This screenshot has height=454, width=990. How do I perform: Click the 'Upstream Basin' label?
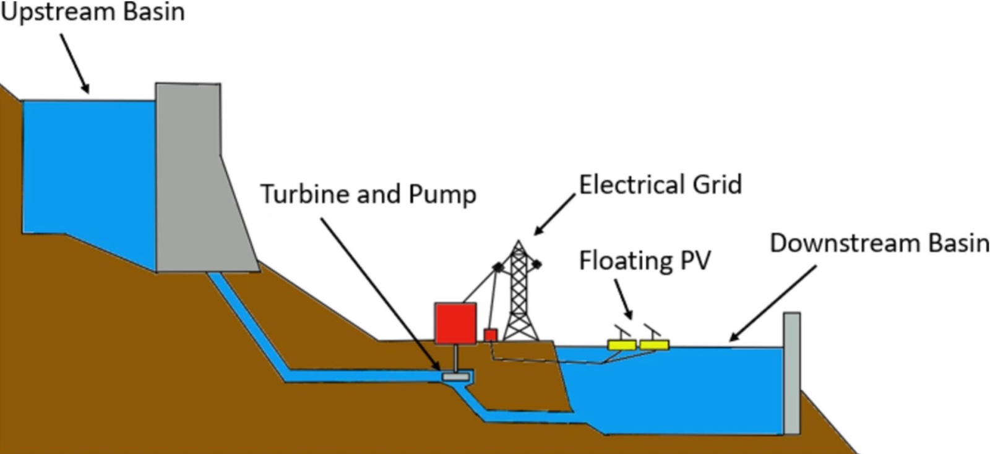click(x=93, y=12)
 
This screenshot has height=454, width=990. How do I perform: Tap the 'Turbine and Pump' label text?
click(x=369, y=194)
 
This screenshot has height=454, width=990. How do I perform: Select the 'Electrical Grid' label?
click(x=660, y=184)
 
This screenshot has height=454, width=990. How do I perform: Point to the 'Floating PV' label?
click(x=645, y=260)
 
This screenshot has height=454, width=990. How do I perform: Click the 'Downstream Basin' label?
click(x=879, y=243)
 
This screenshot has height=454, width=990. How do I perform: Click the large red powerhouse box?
click(x=455, y=323)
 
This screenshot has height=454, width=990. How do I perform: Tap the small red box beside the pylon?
click(x=491, y=335)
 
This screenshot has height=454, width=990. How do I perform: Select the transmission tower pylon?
click(x=519, y=291)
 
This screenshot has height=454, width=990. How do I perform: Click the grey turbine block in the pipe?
click(x=455, y=377)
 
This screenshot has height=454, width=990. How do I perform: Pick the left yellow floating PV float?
click(x=622, y=345)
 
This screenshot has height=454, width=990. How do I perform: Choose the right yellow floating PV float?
click(x=655, y=345)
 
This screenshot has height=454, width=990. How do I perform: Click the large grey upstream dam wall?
click(x=199, y=178)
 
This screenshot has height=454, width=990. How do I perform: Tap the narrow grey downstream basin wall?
click(x=792, y=373)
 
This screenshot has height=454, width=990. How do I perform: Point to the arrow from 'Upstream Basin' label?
click(x=75, y=64)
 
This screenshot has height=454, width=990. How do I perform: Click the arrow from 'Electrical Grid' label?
click(x=554, y=214)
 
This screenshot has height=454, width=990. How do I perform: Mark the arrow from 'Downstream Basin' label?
click(x=772, y=304)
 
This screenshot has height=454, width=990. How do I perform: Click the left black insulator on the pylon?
click(x=498, y=267)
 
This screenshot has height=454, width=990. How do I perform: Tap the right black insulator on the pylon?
click(x=536, y=265)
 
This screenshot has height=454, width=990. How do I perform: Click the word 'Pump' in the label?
click(x=442, y=195)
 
